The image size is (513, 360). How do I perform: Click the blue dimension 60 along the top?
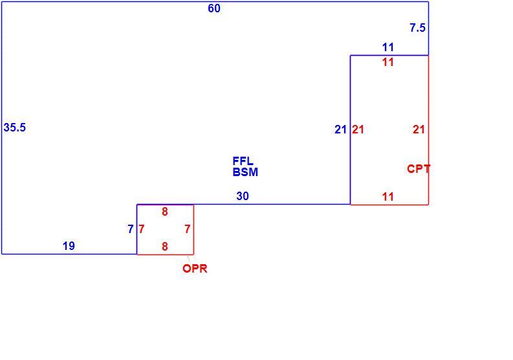coord(214,8)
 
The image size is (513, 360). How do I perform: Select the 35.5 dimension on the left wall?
coord(15,128)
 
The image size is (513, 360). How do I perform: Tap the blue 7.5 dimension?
coord(417,28)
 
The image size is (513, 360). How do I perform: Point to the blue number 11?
coord(388,47)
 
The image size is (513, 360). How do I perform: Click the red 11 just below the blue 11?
coord(388,62)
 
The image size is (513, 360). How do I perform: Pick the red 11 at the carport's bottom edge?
coord(388,197)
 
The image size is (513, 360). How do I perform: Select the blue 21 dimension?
coord(340,129)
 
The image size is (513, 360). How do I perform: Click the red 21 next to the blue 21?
coord(358,129)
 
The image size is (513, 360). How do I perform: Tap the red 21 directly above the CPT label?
coord(419,129)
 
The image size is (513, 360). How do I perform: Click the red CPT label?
coord(419,169)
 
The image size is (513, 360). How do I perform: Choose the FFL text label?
coord(243,161)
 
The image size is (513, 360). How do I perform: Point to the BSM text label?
coord(245,172)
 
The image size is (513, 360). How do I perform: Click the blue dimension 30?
coord(243,196)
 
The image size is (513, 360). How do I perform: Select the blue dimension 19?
coord(69,245)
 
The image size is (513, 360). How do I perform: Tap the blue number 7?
coord(131,229)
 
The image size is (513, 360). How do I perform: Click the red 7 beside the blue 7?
coord(141,229)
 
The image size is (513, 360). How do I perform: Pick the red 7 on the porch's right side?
coord(188,229)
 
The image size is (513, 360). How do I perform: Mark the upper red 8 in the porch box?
coord(165,212)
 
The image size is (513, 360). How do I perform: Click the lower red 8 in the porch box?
coord(165,246)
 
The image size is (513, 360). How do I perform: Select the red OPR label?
coord(195,269)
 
